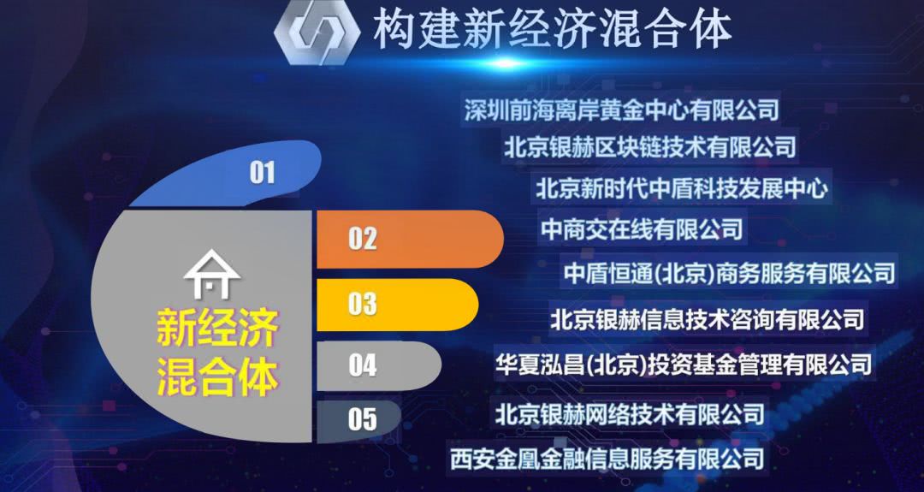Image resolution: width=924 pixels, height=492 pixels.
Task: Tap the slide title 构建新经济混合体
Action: [552, 28]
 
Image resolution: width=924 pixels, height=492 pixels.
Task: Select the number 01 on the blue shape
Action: [263, 173]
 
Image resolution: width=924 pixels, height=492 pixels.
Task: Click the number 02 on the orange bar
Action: [363, 239]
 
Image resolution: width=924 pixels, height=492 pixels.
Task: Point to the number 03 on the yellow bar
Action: [363, 304]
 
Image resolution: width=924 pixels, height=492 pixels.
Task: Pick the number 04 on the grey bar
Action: [363, 365]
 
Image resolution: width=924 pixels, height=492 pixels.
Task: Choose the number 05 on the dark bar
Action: [363, 419]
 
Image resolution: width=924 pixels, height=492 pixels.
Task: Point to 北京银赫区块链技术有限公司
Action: [650, 146]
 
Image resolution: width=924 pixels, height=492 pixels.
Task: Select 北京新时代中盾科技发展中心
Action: [682, 188]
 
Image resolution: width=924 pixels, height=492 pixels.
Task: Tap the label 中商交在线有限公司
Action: [642, 228]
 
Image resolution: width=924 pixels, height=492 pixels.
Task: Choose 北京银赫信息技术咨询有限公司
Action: [708, 320]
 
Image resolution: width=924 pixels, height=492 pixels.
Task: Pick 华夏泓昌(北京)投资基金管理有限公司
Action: [684, 365]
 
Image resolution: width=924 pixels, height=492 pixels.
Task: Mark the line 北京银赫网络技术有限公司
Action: [630, 413]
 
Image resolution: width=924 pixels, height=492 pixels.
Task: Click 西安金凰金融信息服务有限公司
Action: [607, 459]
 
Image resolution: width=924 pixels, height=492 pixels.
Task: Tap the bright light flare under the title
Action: [506, 63]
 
